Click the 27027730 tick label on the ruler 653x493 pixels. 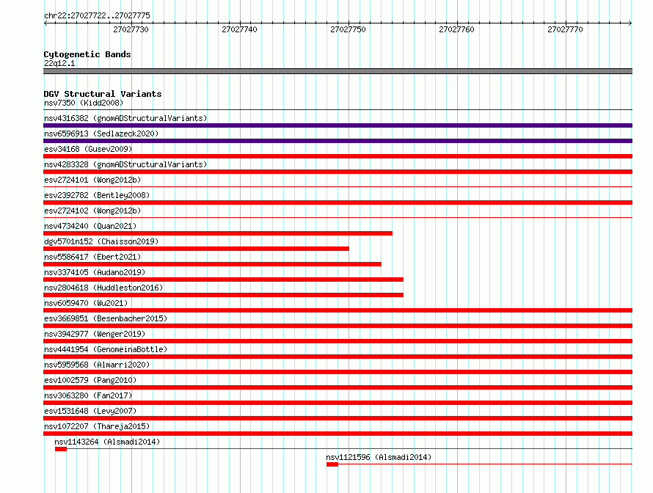tap(131, 29)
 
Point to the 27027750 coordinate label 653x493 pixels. tap(348, 29)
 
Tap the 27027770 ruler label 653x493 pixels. tap(565, 29)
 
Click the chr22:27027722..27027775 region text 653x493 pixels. tap(97, 15)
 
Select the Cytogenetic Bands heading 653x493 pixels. tap(87, 54)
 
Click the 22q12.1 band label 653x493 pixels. tap(59, 63)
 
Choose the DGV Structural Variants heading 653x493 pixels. tap(103, 94)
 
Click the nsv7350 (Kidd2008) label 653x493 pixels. tap(84, 103)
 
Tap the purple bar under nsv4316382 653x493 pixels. tap(338, 125)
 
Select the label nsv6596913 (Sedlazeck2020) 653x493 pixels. tap(101, 134)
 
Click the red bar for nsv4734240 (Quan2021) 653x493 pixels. tap(218, 233)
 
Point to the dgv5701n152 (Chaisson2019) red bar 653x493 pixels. tap(196, 249)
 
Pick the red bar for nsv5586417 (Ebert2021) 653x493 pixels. tap(212, 264)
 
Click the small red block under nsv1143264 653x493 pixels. tap(61, 449)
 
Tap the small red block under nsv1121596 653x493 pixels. tap(332, 464)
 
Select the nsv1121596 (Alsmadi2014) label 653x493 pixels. tap(379, 457)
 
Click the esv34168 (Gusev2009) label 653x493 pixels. tap(88, 149)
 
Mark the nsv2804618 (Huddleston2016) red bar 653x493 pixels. tap(223, 295)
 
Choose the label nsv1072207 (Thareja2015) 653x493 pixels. tap(97, 426)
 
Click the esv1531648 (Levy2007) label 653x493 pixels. tap(90, 411)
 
